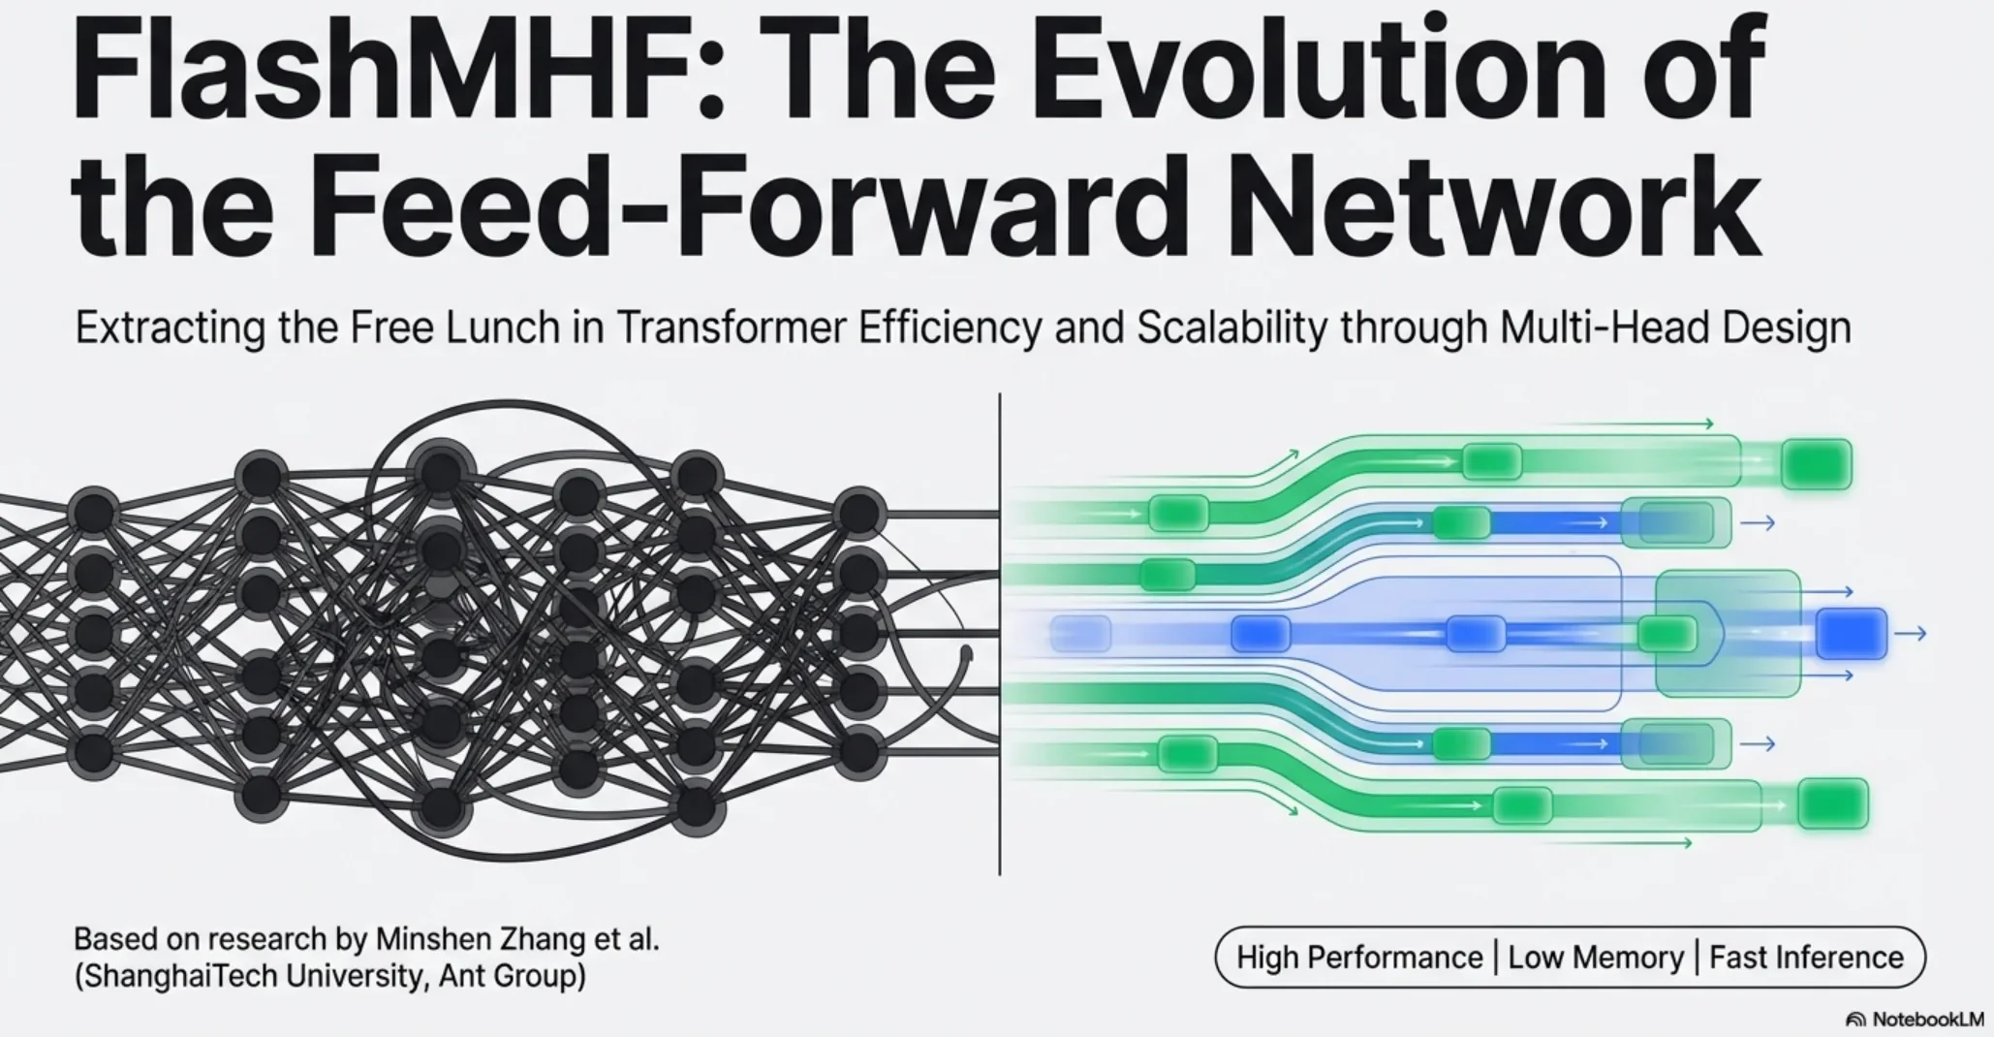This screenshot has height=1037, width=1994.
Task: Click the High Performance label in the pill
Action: pos(1358,958)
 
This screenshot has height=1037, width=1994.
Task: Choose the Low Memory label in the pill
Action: pos(1595,958)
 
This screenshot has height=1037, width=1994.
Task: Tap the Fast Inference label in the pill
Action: pos(1806,958)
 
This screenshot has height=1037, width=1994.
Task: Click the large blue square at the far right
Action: pos(1851,634)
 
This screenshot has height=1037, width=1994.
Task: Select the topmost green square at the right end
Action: pos(1816,463)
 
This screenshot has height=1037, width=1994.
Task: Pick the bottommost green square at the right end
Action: pos(1831,803)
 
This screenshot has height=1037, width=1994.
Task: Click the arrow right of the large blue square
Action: pos(1910,634)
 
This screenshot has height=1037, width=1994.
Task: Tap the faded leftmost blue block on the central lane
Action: pos(1080,634)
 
